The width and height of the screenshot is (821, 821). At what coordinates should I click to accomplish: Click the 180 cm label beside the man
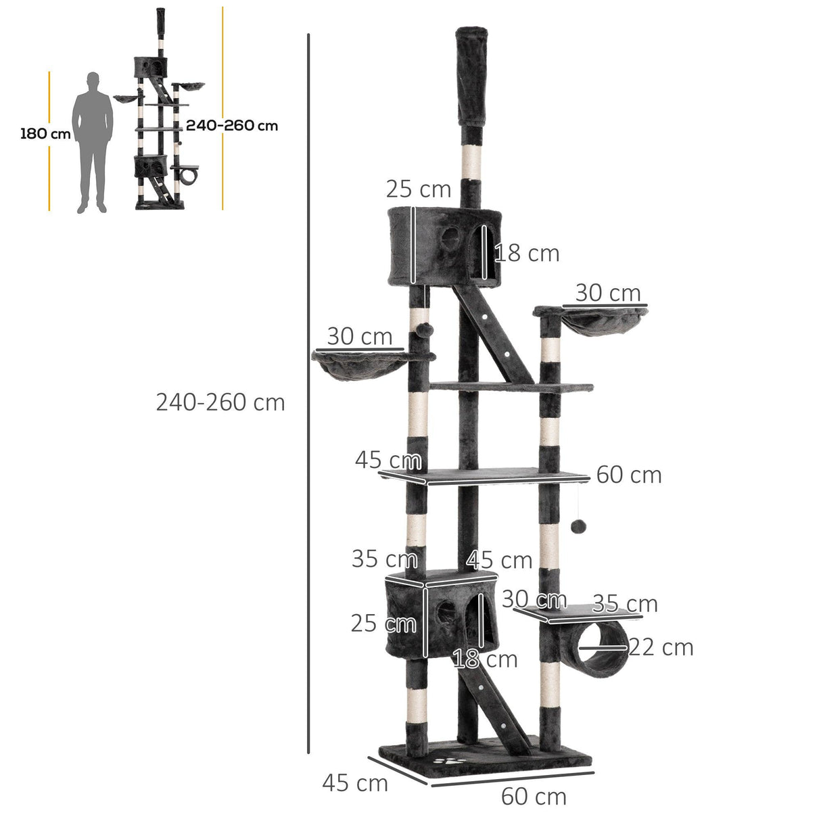click(x=45, y=133)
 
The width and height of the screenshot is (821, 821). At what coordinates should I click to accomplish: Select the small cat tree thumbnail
click(x=160, y=112)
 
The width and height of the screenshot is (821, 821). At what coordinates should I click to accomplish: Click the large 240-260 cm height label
click(x=220, y=402)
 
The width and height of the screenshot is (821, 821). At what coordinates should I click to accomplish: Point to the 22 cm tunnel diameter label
click(x=661, y=647)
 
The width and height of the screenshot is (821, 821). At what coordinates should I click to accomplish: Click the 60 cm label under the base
click(x=534, y=797)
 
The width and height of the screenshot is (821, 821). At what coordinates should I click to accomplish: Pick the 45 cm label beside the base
click(x=355, y=783)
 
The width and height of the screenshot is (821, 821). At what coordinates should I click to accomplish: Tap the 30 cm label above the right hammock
click(x=608, y=293)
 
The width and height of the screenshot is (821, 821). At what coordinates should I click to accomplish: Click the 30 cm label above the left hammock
click(x=359, y=336)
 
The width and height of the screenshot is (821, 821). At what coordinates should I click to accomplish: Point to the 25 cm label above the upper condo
click(x=419, y=189)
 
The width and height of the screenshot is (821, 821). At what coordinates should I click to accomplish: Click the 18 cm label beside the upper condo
click(x=527, y=254)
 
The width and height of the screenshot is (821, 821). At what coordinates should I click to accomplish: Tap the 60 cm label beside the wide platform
click(x=628, y=475)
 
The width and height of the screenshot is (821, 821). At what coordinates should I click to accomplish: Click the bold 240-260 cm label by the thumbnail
click(x=231, y=125)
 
